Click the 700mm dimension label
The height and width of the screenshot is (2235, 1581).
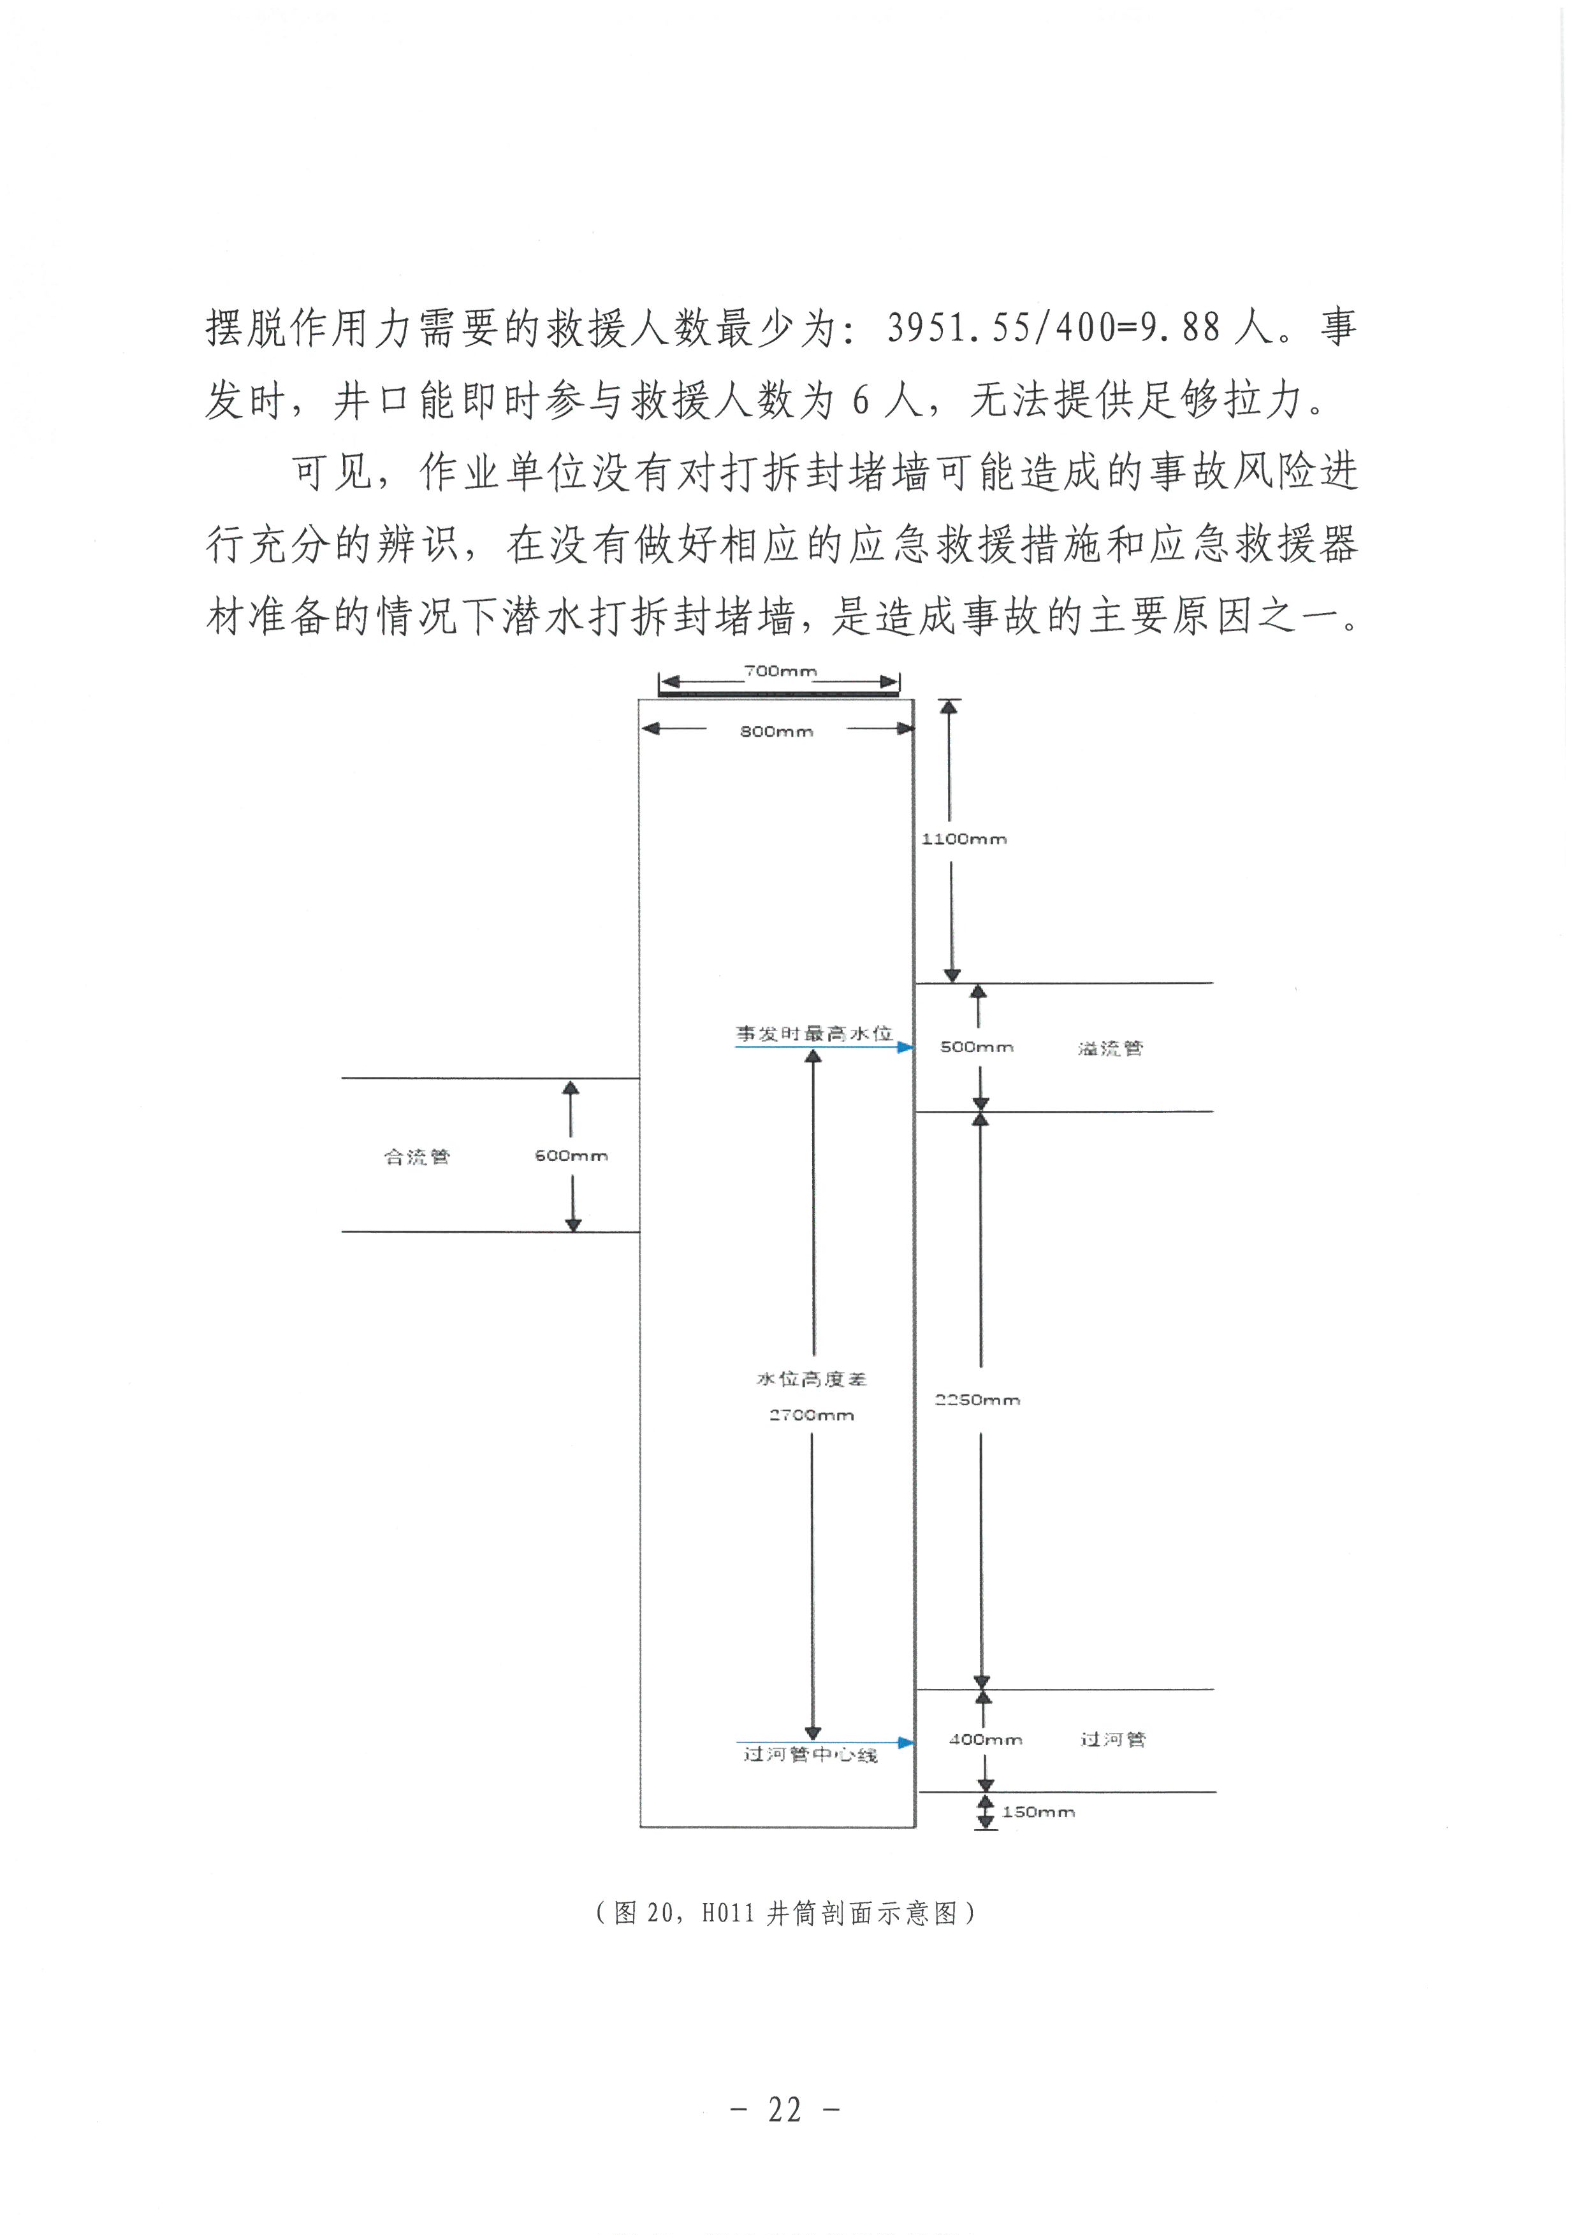point(780,670)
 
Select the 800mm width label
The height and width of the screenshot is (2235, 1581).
point(776,731)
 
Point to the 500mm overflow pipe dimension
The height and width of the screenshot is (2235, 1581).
point(977,1048)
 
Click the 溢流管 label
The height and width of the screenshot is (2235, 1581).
point(1110,1048)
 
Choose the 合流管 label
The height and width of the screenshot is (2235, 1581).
point(417,1157)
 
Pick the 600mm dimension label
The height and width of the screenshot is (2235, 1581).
point(571,1155)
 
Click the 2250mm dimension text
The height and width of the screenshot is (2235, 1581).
point(977,1400)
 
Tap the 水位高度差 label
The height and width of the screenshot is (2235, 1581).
point(811,1379)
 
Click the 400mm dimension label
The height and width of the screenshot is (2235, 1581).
point(985,1740)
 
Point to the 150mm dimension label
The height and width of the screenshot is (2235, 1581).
point(1038,1812)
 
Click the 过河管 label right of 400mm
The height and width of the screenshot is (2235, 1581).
point(1112,1740)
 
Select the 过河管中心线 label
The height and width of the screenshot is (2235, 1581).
point(810,1754)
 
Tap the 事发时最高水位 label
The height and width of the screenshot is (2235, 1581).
point(813,1034)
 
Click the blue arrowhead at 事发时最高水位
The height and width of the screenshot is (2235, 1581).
point(905,1048)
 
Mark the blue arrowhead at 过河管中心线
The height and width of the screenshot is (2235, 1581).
point(905,1742)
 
